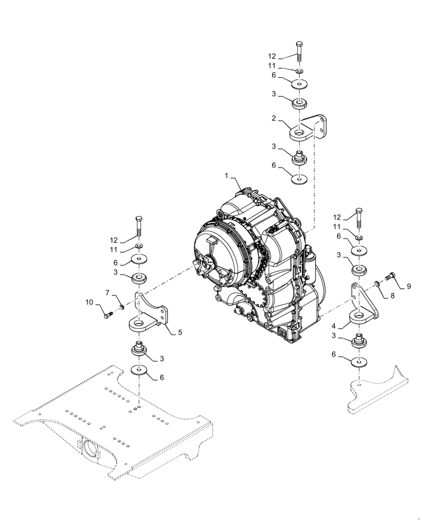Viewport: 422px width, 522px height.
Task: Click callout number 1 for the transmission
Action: point(226,176)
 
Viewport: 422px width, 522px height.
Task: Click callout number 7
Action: point(108,293)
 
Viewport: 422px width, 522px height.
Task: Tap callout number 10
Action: point(89,302)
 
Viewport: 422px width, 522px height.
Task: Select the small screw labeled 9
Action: point(390,277)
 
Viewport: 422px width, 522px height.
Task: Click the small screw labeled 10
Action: point(108,314)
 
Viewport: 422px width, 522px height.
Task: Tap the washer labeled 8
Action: point(377,284)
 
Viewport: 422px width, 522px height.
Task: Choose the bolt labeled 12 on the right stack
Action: point(359,217)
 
